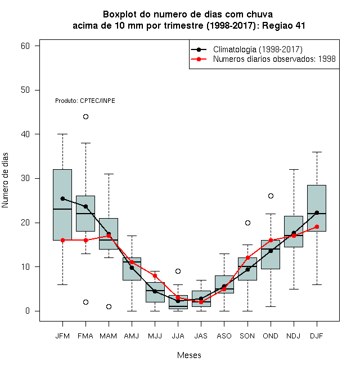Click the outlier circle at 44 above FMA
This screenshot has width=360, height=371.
pyautogui.click(x=85, y=117)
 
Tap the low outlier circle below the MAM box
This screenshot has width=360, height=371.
pyautogui.click(x=109, y=307)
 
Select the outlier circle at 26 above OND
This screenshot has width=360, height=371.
pyautogui.click(x=271, y=196)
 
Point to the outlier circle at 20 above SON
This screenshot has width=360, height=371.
pyautogui.click(x=247, y=223)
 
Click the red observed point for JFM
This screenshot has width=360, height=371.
pyautogui.click(x=62, y=241)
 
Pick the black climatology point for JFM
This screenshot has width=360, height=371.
pyautogui.click(x=62, y=199)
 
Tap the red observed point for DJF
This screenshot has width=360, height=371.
pyautogui.click(x=317, y=227)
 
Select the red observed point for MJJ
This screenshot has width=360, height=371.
pyautogui.click(x=155, y=276)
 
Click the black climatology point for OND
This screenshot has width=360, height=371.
pyautogui.click(x=271, y=251)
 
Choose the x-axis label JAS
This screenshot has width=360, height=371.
pyautogui.click(x=201, y=336)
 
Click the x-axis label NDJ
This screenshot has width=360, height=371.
pyautogui.click(x=294, y=336)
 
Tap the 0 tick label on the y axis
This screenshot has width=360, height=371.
pyautogui.click(x=28, y=311)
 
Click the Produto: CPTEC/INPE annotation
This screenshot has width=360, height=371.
pyautogui.click(x=85, y=101)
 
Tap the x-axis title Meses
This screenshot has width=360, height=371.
pyautogui.click(x=189, y=355)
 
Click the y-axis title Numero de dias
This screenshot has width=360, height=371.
pyautogui.click(x=5, y=180)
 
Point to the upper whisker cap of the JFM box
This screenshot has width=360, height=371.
pyautogui.click(x=62, y=134)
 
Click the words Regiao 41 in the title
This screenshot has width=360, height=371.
pyautogui.click(x=283, y=25)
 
